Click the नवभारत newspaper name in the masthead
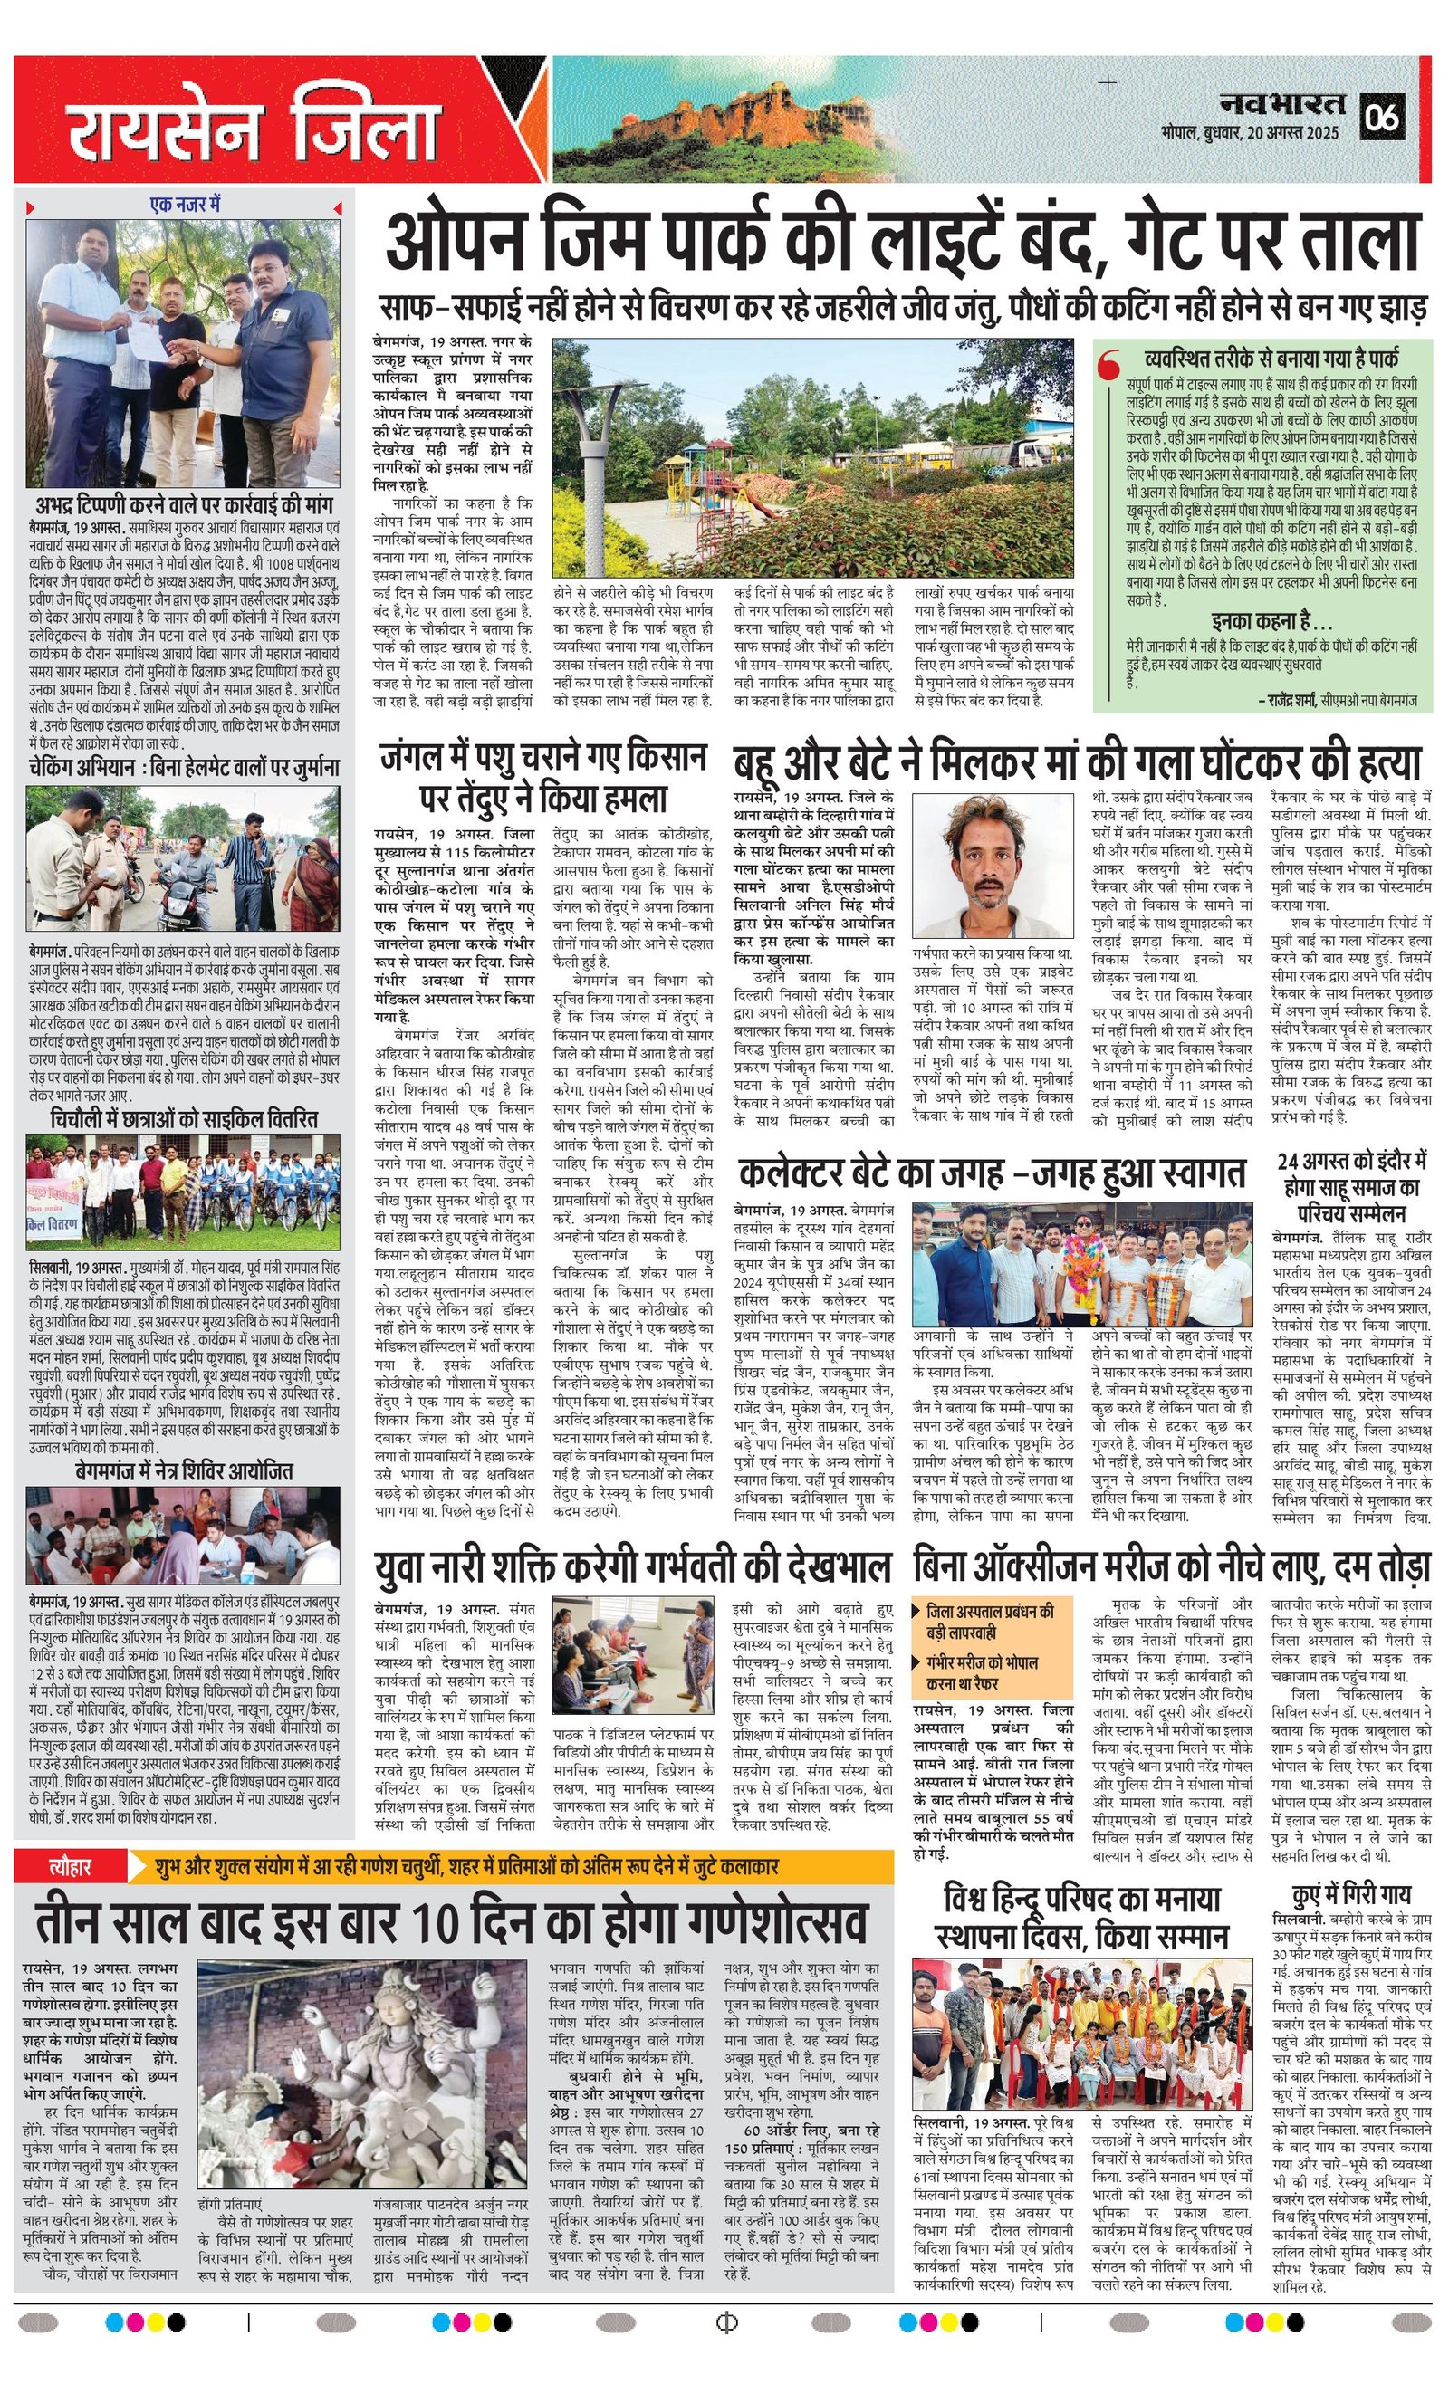[x=1284, y=103]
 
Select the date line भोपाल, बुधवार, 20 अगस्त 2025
[x=1250, y=132]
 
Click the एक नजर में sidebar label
[x=185, y=204]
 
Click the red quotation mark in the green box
[x=1107, y=368]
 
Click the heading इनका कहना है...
[x=1271, y=621]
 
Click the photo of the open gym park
[x=812, y=456]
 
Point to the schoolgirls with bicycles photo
[x=185, y=1192]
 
